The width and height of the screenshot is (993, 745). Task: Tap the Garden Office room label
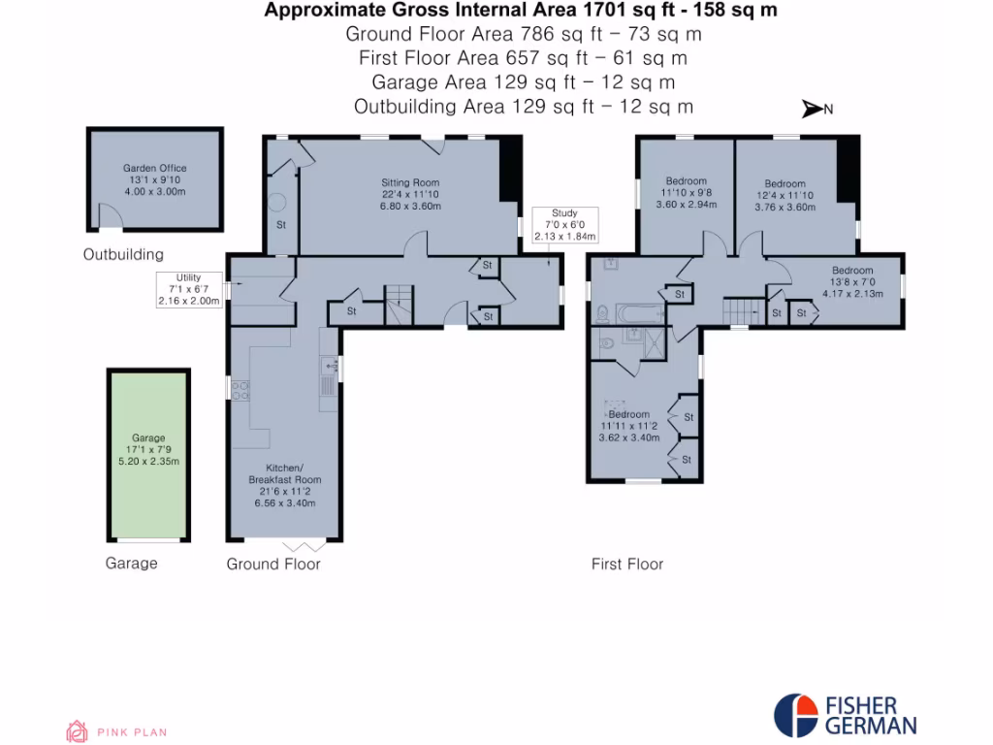[154, 179]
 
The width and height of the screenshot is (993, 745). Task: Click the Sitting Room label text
[409, 194]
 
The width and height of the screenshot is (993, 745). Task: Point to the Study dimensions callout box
[564, 224]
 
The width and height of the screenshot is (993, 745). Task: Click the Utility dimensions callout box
[189, 289]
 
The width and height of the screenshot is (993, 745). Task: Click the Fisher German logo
[845, 714]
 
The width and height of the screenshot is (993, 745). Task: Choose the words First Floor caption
[627, 564]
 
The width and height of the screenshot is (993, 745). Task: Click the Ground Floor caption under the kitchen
[273, 564]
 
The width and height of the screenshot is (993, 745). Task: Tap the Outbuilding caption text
[123, 254]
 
